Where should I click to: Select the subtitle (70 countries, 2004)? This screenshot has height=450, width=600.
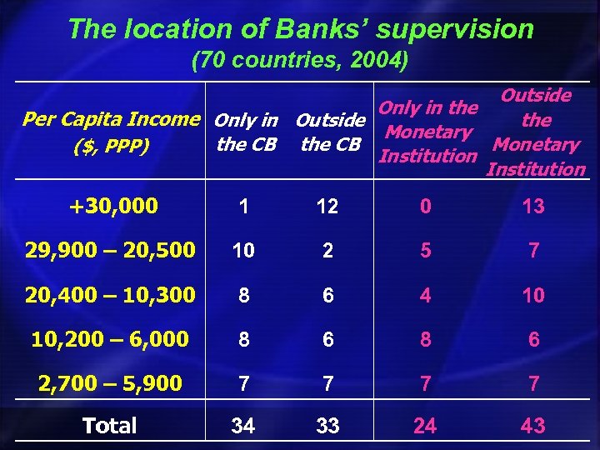(x=300, y=62)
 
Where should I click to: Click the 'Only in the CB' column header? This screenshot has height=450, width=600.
(x=246, y=132)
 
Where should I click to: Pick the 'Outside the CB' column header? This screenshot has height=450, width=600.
(x=330, y=132)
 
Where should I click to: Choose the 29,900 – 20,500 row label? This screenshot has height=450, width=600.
(x=109, y=249)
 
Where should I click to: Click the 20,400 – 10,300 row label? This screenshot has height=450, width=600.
(x=109, y=294)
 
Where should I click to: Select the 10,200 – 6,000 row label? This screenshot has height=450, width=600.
(x=109, y=338)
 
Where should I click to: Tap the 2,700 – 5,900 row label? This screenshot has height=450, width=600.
(x=109, y=382)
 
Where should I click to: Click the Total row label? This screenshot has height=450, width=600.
(x=109, y=426)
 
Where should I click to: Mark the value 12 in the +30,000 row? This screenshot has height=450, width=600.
(x=327, y=207)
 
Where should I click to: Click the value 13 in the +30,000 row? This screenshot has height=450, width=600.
(x=532, y=207)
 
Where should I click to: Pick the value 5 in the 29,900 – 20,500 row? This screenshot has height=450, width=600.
(x=426, y=250)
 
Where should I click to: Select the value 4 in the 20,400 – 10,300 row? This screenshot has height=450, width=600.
(x=426, y=295)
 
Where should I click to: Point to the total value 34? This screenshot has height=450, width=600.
(x=243, y=427)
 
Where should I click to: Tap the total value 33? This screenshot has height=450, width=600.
(x=327, y=427)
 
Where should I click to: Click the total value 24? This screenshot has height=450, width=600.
(x=425, y=427)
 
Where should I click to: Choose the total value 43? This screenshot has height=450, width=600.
(x=532, y=427)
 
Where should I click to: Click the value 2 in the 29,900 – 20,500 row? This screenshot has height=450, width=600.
(x=327, y=250)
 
